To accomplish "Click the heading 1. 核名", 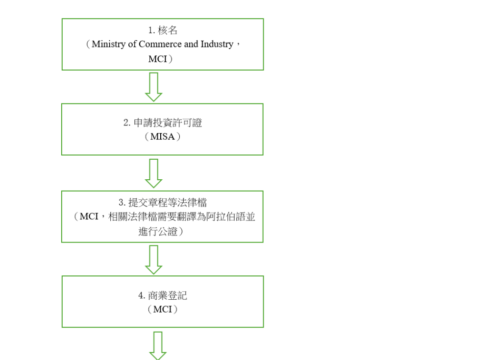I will point(163,30).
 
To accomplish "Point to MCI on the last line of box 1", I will point(158,59).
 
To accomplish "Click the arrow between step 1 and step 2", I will point(154,87).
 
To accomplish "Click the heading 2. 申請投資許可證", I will point(163,122).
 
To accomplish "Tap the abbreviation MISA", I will point(163,137).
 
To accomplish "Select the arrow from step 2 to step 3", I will point(154,173).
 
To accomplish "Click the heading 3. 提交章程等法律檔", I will point(163,202).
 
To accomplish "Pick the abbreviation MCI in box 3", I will point(89,216).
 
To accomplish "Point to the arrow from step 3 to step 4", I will point(154,259).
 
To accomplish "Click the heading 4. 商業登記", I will point(163,295).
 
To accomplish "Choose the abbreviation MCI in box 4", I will point(163,310).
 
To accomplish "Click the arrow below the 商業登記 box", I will point(157,345).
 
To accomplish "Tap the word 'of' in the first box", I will point(131,44).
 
